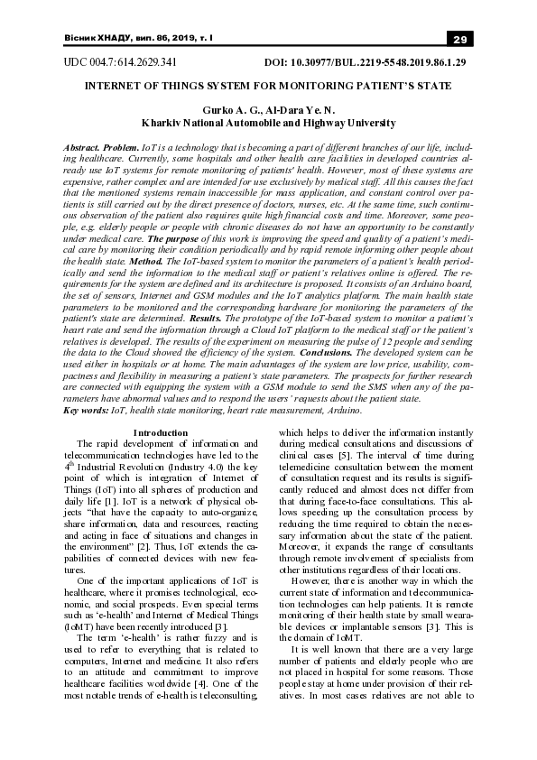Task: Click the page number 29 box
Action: point(458,39)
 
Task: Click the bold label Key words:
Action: point(84,411)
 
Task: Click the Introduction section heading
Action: point(160,433)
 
